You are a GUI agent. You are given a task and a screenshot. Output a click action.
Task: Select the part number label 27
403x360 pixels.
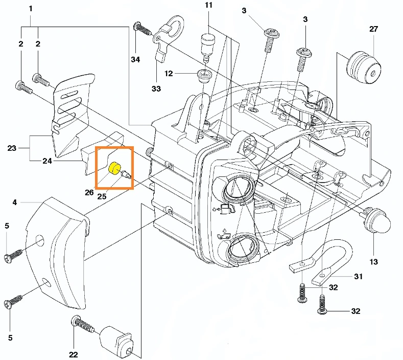pyautogui.click(x=373, y=29)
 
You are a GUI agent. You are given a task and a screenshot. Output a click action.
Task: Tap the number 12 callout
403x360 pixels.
pyautogui.click(x=169, y=74)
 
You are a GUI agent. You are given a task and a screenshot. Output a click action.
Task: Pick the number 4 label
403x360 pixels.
pyautogui.click(x=15, y=202)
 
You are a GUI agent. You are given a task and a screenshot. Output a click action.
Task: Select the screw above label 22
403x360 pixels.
pyautogui.click(x=82, y=324)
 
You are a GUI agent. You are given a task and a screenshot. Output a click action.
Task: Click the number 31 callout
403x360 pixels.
pyautogui.click(x=358, y=277)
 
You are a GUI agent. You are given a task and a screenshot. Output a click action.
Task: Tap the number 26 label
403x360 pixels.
pyautogui.click(x=89, y=192)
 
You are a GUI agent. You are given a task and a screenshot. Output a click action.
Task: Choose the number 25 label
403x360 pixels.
pyautogui.click(x=102, y=196)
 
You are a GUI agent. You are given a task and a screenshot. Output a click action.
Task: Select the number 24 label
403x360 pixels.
pyautogui.click(x=48, y=161)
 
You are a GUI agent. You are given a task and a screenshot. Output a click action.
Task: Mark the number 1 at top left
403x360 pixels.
pyautogui.click(x=30, y=9)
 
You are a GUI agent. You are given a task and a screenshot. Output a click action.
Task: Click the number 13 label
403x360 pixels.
pyautogui.click(x=373, y=262)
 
